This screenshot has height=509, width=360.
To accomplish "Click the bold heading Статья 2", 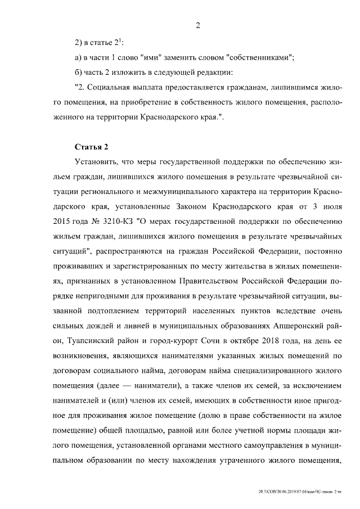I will coord(91,147).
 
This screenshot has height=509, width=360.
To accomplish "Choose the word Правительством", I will coord(212,279).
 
